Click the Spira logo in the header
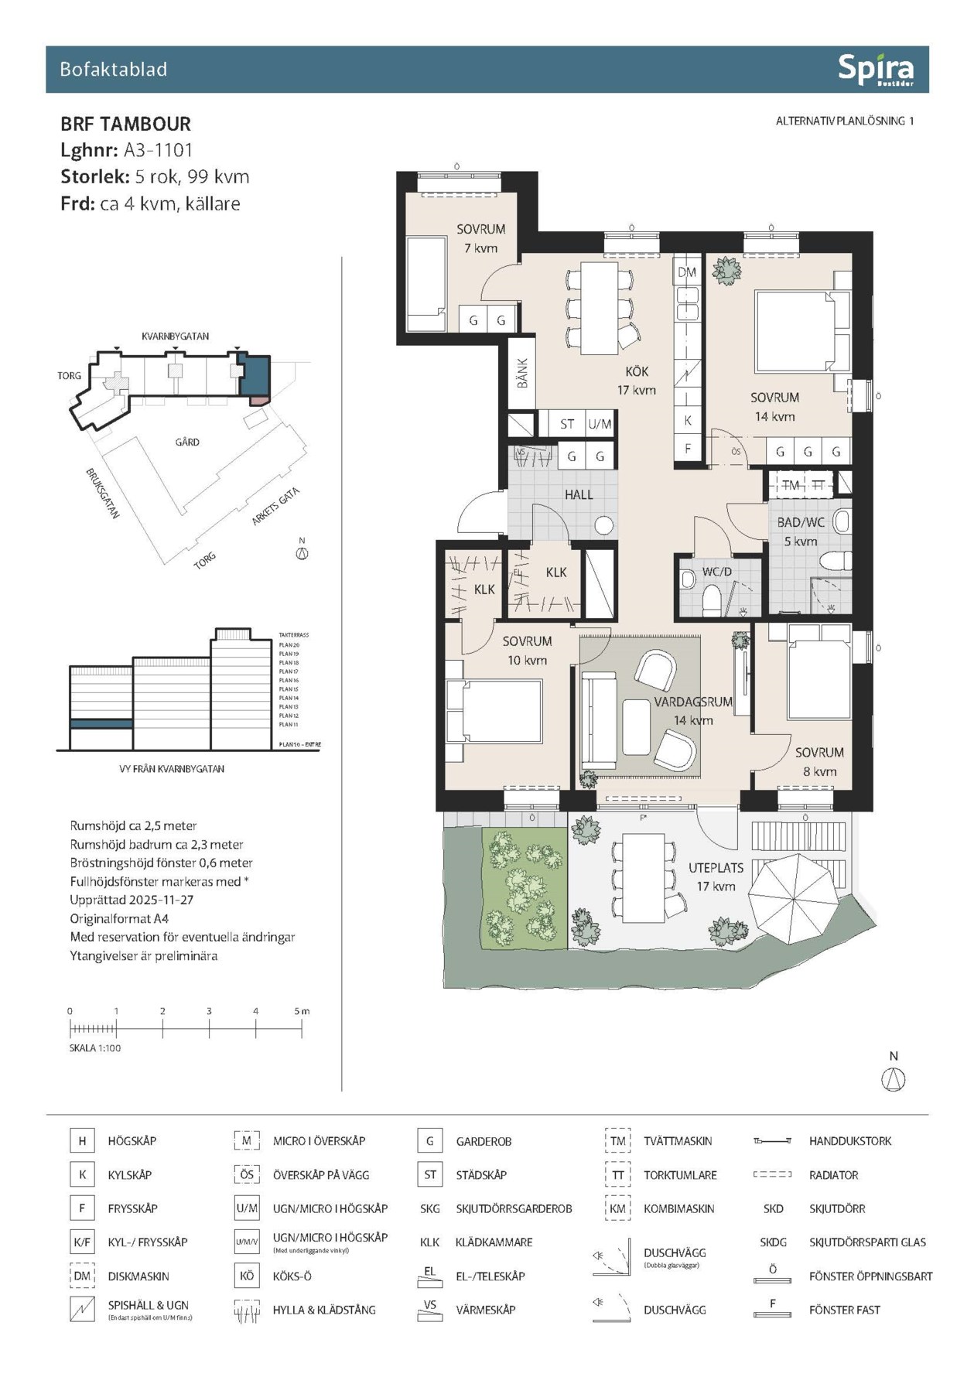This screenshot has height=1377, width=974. [875, 70]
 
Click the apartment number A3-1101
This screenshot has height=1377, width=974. [158, 150]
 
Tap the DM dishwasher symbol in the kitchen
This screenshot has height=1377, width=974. [687, 272]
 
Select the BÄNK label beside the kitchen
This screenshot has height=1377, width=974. [522, 373]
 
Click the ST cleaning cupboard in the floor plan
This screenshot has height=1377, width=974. [567, 424]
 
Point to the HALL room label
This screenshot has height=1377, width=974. [579, 494]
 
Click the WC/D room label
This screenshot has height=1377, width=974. [716, 572]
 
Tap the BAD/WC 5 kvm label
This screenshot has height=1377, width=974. [801, 531]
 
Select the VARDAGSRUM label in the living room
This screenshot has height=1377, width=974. [692, 702]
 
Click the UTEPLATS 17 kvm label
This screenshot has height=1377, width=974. [716, 877]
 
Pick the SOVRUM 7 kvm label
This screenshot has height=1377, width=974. [480, 238]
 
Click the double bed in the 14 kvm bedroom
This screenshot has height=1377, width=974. [801, 331]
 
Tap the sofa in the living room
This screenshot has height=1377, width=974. [597, 719]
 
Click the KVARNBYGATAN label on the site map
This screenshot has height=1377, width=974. [175, 337]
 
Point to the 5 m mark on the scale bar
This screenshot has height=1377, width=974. [302, 1011]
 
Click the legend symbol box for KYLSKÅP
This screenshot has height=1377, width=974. [82, 1174]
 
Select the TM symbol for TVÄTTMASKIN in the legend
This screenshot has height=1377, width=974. [617, 1141]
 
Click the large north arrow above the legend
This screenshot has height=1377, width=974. [894, 1078]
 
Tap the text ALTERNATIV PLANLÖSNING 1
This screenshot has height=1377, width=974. [844, 121]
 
